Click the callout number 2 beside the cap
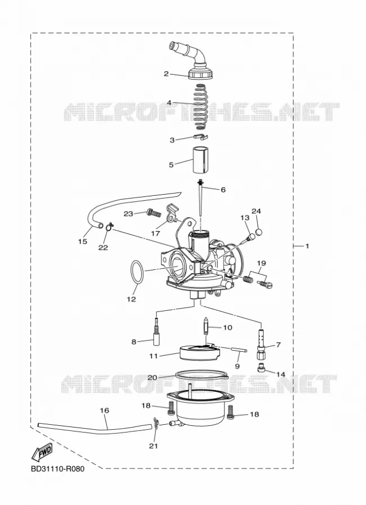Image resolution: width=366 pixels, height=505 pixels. [x=166, y=74]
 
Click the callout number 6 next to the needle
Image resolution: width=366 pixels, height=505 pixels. [x=223, y=190]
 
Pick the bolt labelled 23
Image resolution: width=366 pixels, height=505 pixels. [x=153, y=213]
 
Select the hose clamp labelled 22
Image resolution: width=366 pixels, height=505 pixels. [x=110, y=227]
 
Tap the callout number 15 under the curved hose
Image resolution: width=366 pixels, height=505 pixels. [x=83, y=241]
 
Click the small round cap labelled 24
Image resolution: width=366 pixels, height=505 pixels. [x=259, y=232]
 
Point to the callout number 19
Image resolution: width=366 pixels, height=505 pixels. [x=261, y=264]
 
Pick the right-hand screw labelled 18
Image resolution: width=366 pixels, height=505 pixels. [x=231, y=412]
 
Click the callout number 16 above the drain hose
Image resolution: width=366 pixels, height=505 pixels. [x=105, y=410]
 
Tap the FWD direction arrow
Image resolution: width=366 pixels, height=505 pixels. [x=42, y=452]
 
